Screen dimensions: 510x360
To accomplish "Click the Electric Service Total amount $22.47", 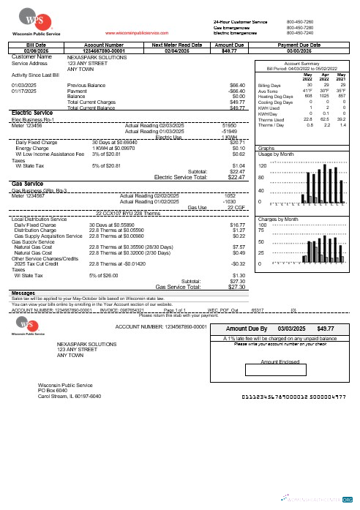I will (232, 176).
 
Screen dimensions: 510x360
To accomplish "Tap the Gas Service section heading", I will (28, 183).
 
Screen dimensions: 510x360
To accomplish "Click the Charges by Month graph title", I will (280, 198).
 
